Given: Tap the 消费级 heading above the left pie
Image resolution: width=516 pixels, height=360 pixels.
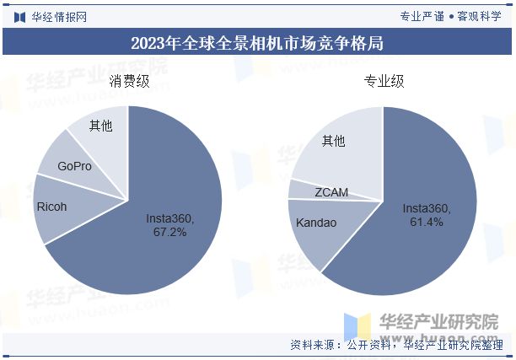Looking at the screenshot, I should [129, 82].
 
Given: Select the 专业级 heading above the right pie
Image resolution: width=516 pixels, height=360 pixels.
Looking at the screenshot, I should [384, 82].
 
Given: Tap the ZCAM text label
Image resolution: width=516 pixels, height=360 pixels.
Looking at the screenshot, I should [331, 192].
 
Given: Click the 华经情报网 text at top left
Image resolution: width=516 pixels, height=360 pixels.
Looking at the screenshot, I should [58, 15].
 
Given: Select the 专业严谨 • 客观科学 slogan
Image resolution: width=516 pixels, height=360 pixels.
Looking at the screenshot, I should [450, 15].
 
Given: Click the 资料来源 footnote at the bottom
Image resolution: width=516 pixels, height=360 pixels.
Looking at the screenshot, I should [396, 345].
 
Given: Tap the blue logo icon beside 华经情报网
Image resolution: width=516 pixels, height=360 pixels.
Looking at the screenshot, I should [19, 15].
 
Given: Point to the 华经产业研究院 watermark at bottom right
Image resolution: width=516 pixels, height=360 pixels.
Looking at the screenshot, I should [438, 322].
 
